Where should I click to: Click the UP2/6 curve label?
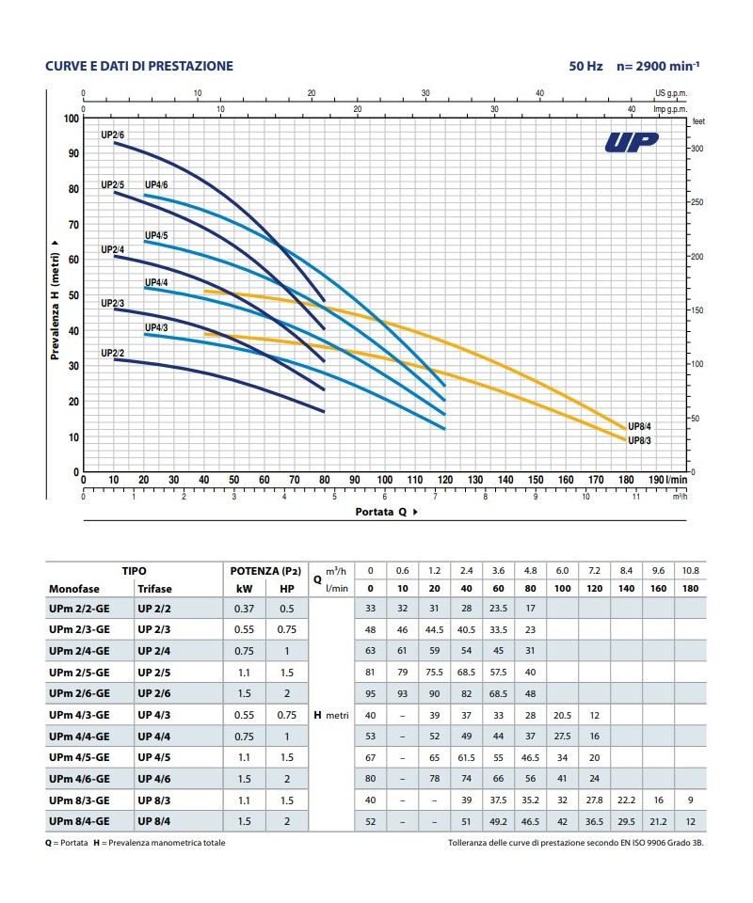[113, 135]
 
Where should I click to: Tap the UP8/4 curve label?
[640, 426]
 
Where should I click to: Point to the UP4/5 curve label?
[156, 234]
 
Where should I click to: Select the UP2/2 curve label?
[113, 353]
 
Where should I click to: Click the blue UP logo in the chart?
[632, 143]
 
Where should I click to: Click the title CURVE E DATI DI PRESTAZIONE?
[139, 66]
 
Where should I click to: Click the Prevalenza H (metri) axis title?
[55, 299]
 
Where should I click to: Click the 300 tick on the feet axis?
[697, 150]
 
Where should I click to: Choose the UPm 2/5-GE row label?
[80, 672]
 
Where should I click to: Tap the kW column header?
[243, 588]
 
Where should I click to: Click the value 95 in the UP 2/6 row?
[370, 693]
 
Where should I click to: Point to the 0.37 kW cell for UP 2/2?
[244, 608]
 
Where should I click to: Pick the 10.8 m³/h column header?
[691, 570]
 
